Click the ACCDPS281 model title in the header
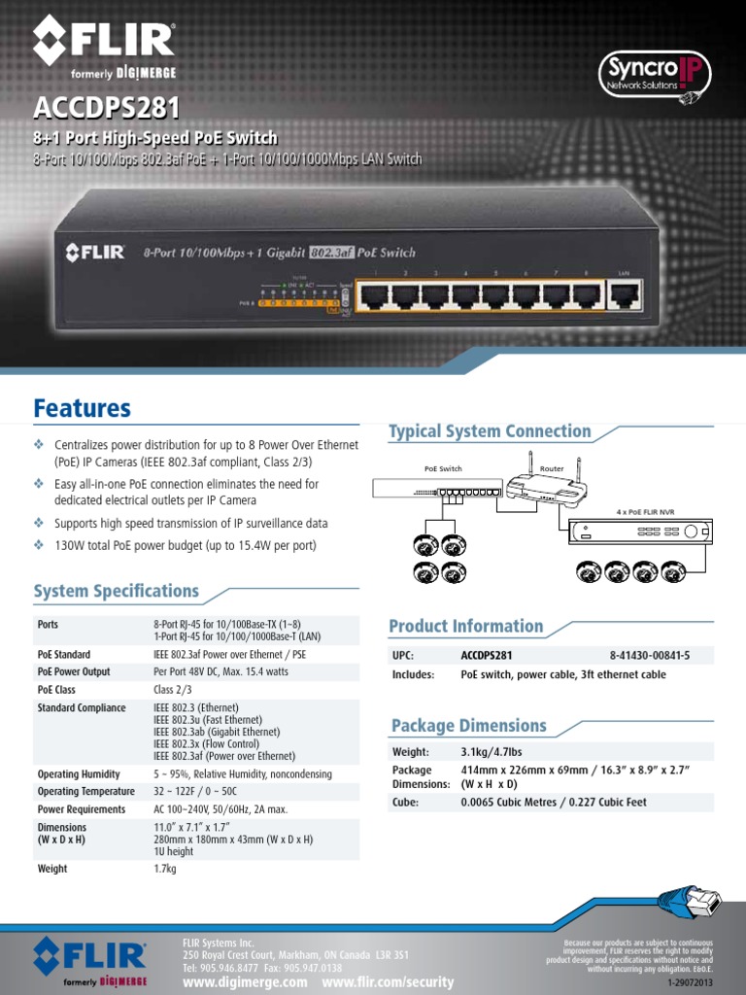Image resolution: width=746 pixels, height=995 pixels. coord(107,106)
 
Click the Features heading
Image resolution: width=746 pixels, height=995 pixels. coord(82,408)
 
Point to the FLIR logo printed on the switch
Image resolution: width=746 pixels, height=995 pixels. coord(95,253)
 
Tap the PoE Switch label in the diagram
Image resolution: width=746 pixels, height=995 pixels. coord(443,468)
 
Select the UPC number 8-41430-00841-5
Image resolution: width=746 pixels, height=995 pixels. coord(650,656)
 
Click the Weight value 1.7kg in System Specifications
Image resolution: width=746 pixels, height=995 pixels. coord(165,869)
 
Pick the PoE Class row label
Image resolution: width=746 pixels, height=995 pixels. coord(56,689)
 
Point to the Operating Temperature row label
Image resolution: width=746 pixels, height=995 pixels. coord(85,791)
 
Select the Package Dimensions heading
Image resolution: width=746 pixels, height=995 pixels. coord(468,726)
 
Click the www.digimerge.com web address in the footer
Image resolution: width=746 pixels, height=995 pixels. coord(245,982)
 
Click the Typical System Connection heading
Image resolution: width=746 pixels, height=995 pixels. coord(490,431)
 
